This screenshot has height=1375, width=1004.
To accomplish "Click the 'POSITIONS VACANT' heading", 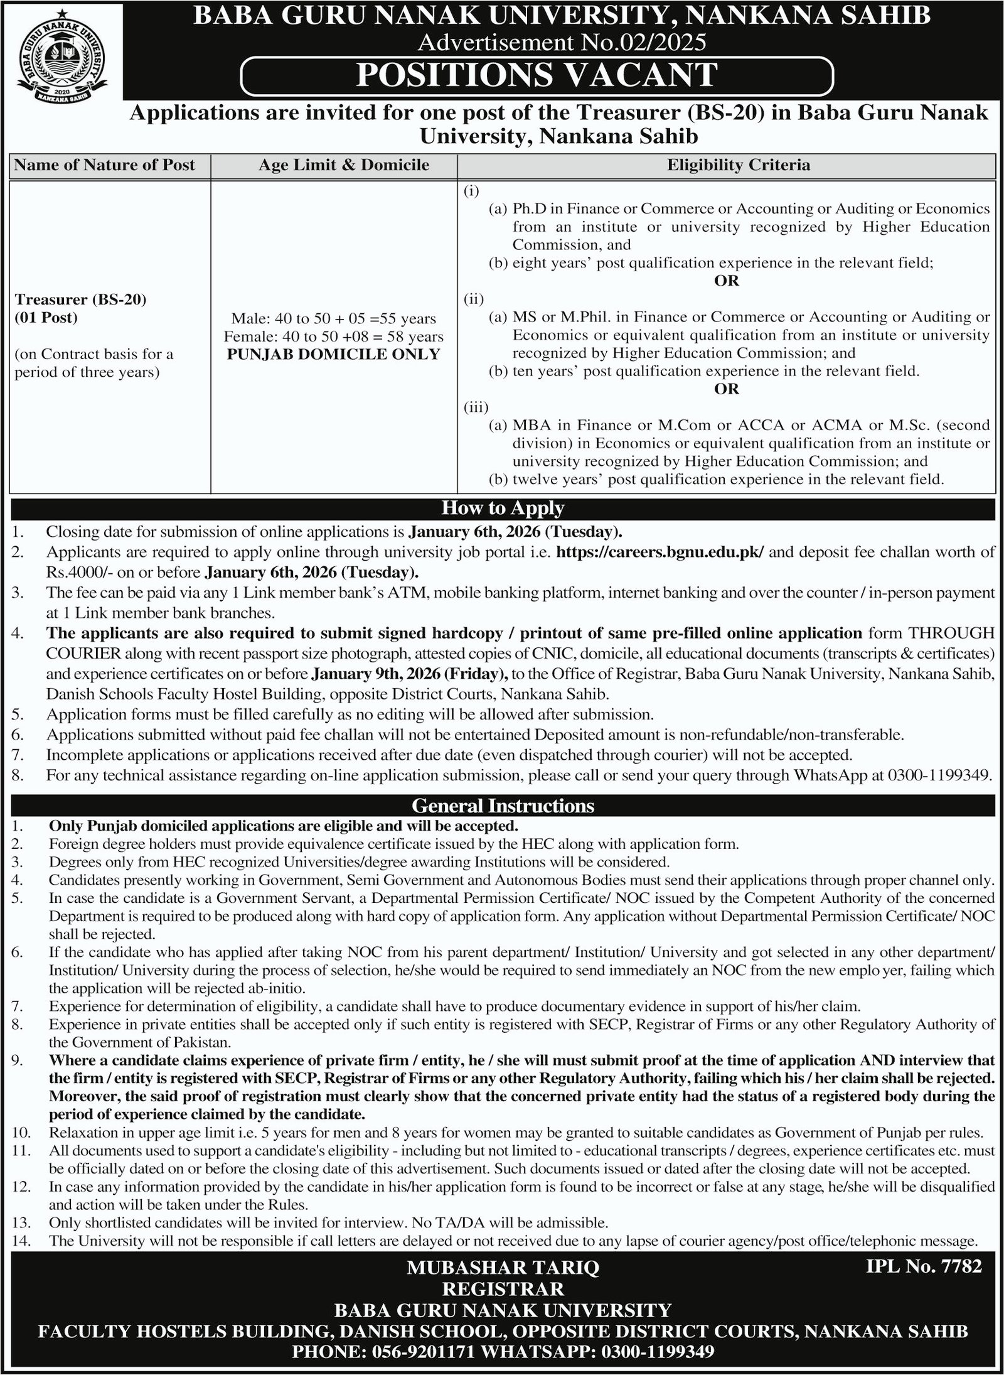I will click(537, 75).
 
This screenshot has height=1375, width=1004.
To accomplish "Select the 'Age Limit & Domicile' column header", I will click(344, 165).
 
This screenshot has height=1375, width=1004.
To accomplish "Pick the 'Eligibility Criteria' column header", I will click(738, 165).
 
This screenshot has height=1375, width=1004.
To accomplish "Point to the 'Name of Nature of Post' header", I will click(105, 165).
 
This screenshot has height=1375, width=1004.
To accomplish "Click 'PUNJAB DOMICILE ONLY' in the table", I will click(333, 354).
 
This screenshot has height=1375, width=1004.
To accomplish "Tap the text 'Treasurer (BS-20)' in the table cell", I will click(80, 299).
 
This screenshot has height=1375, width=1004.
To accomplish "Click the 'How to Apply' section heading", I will click(503, 508).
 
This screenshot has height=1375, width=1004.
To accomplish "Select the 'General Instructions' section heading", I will click(503, 805).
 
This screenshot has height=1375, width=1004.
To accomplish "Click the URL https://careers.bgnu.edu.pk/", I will click(661, 553).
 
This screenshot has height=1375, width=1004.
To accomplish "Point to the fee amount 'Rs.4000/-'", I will click(74, 572).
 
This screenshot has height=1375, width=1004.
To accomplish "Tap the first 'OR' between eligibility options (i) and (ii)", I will click(727, 281).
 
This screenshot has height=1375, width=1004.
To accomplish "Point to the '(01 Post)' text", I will click(46, 317).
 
